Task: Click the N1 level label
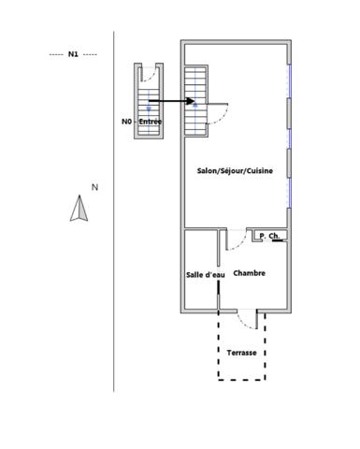(73, 54)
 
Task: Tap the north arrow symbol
(79, 209)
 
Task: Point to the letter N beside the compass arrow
(94, 187)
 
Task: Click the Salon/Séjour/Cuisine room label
(235, 170)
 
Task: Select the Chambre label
(250, 273)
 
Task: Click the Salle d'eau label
(206, 275)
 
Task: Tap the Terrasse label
(242, 353)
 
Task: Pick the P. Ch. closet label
(269, 236)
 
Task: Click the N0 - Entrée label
(141, 122)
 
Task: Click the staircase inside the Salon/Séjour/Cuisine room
(195, 101)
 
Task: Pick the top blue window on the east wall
(290, 81)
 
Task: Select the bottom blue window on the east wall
(290, 193)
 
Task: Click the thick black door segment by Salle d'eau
(219, 287)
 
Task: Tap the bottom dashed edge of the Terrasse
(242, 380)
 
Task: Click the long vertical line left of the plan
(114, 211)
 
